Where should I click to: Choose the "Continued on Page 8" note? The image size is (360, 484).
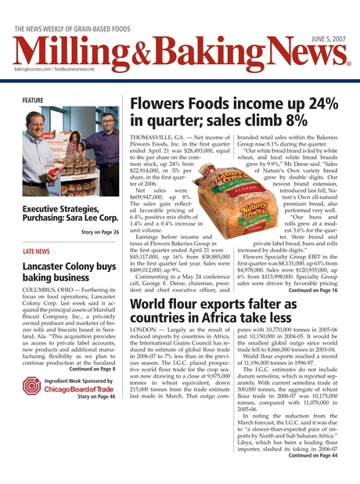pyautogui.click(x=92, y=369)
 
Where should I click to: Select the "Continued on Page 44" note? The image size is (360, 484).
pyautogui.click(x=314, y=454)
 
